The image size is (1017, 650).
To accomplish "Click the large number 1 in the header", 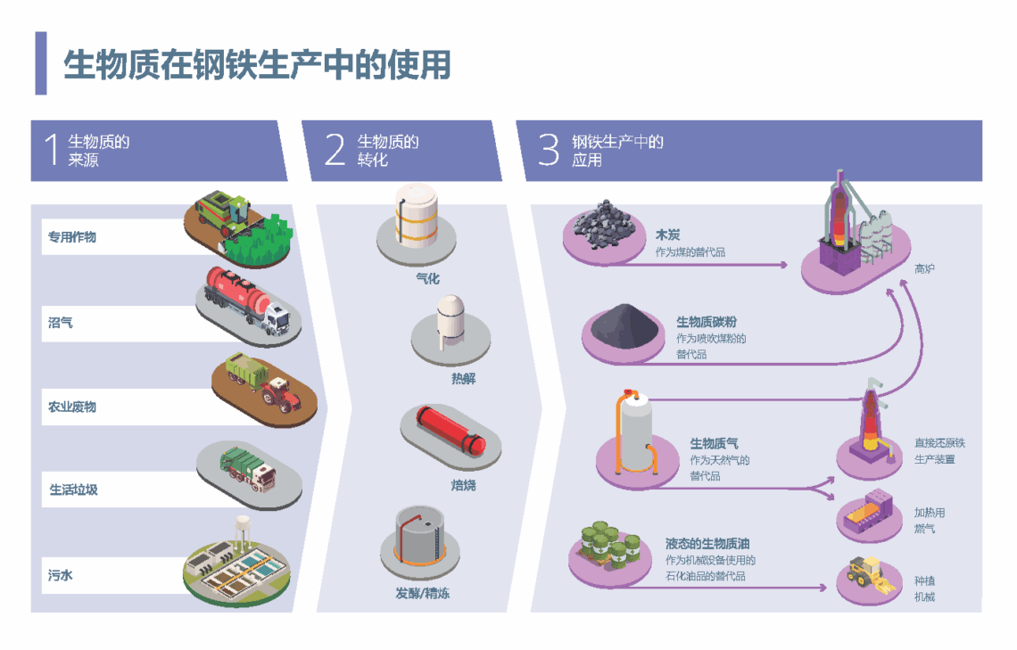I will click(51, 150).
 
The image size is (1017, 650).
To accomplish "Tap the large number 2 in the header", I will click(335, 150).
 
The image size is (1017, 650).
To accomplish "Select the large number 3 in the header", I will click(549, 150).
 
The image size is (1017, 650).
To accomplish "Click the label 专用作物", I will click(72, 237).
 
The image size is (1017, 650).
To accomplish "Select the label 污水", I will click(61, 575).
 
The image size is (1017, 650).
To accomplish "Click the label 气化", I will click(427, 278).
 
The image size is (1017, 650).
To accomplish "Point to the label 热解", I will click(463, 379).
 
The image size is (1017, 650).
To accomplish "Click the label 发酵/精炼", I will click(423, 593).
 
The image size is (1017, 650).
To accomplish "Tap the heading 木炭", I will click(667, 235).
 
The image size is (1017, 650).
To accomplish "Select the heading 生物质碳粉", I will click(707, 322).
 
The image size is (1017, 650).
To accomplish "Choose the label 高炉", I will click(924, 268).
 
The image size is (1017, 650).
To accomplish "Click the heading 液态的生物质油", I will click(707, 543).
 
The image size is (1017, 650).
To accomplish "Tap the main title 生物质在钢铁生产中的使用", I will click(257, 65).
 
